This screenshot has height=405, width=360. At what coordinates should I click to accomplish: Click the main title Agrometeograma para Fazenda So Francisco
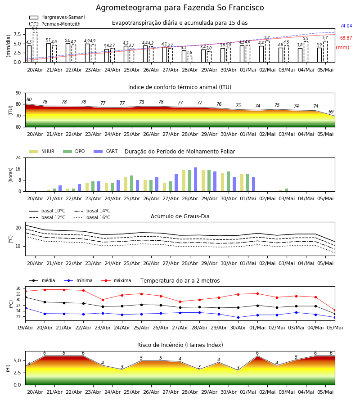(180, 8)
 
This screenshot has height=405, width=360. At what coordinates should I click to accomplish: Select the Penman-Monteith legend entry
(55, 24)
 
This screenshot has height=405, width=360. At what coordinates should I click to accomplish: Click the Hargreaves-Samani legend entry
(57, 17)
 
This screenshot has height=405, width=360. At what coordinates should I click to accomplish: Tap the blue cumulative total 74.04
(346, 26)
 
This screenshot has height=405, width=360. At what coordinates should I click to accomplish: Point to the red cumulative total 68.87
(346, 38)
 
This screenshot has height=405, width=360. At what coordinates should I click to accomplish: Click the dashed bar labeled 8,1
(35, 47)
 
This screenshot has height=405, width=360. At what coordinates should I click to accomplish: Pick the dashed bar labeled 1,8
(190, 59)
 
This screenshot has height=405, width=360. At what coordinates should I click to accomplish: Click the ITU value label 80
(29, 100)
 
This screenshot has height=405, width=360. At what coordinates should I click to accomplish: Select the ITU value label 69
(331, 112)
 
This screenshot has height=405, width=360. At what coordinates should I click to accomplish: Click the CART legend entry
(106, 151)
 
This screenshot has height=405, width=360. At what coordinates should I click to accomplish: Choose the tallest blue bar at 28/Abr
(195, 180)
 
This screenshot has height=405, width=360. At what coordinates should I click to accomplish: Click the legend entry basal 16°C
(92, 217)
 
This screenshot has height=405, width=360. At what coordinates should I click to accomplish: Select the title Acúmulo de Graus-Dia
(180, 216)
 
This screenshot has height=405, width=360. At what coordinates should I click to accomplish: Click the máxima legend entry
(117, 280)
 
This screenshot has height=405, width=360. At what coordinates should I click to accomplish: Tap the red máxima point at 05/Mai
(335, 310)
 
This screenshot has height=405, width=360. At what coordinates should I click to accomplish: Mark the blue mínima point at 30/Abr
(238, 317)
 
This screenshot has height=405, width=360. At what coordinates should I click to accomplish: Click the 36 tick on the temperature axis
(18, 288)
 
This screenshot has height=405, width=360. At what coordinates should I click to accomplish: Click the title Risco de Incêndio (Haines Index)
(180, 345)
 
